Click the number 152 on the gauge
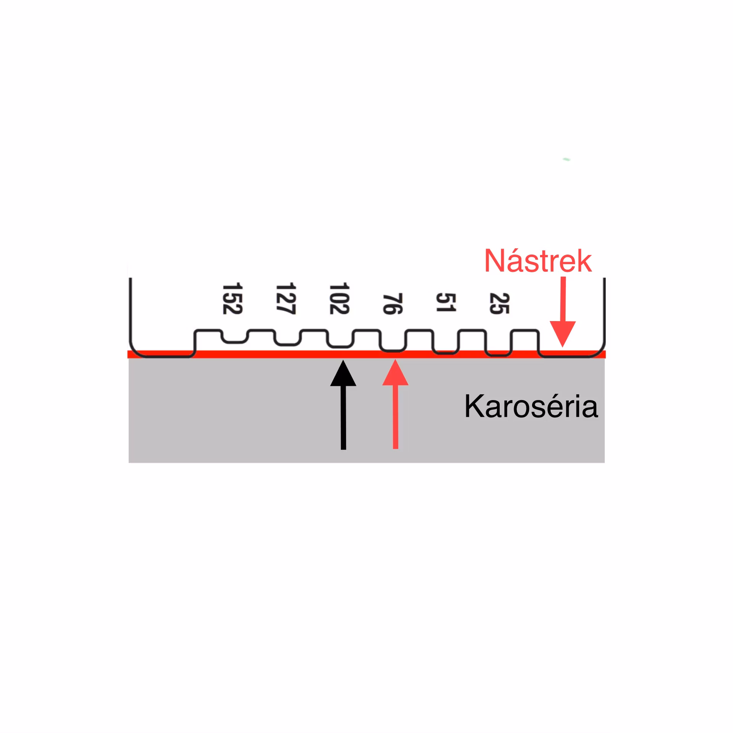point(232,299)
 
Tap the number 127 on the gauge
point(286,299)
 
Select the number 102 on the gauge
point(339,299)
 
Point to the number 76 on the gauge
point(392,304)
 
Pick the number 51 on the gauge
point(446,302)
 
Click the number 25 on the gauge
point(499,304)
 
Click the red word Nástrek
point(538,260)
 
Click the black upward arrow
point(343,405)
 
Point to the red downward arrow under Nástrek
point(563,312)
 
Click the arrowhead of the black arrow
point(343,373)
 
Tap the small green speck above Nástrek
point(567,159)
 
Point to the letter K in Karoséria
point(473,406)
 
